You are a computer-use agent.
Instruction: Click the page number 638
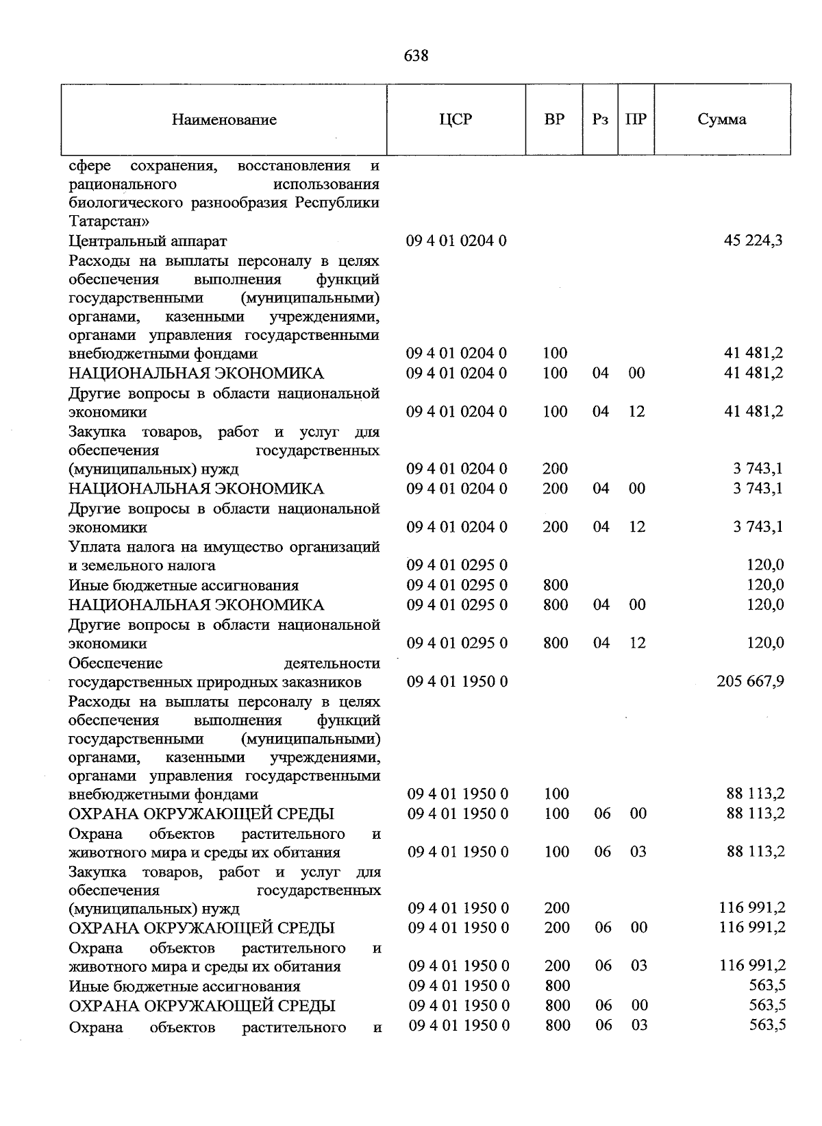(x=416, y=56)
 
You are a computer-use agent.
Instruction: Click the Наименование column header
(x=224, y=120)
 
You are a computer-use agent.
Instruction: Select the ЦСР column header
(x=456, y=119)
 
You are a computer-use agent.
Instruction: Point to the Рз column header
(x=600, y=119)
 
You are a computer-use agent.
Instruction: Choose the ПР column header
(x=636, y=119)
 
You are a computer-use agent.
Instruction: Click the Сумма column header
(x=721, y=119)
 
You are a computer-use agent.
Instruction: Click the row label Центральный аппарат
(x=147, y=241)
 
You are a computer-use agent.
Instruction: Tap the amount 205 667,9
(x=750, y=681)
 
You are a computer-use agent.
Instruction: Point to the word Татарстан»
(x=108, y=222)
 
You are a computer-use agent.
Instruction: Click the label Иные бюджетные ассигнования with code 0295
(x=184, y=585)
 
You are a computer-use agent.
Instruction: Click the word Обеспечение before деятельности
(x=115, y=663)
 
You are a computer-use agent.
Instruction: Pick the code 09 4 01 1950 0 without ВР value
(x=458, y=682)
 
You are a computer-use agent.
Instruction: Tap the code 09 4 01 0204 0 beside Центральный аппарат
(x=456, y=241)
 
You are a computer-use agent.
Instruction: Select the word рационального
(x=123, y=185)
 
